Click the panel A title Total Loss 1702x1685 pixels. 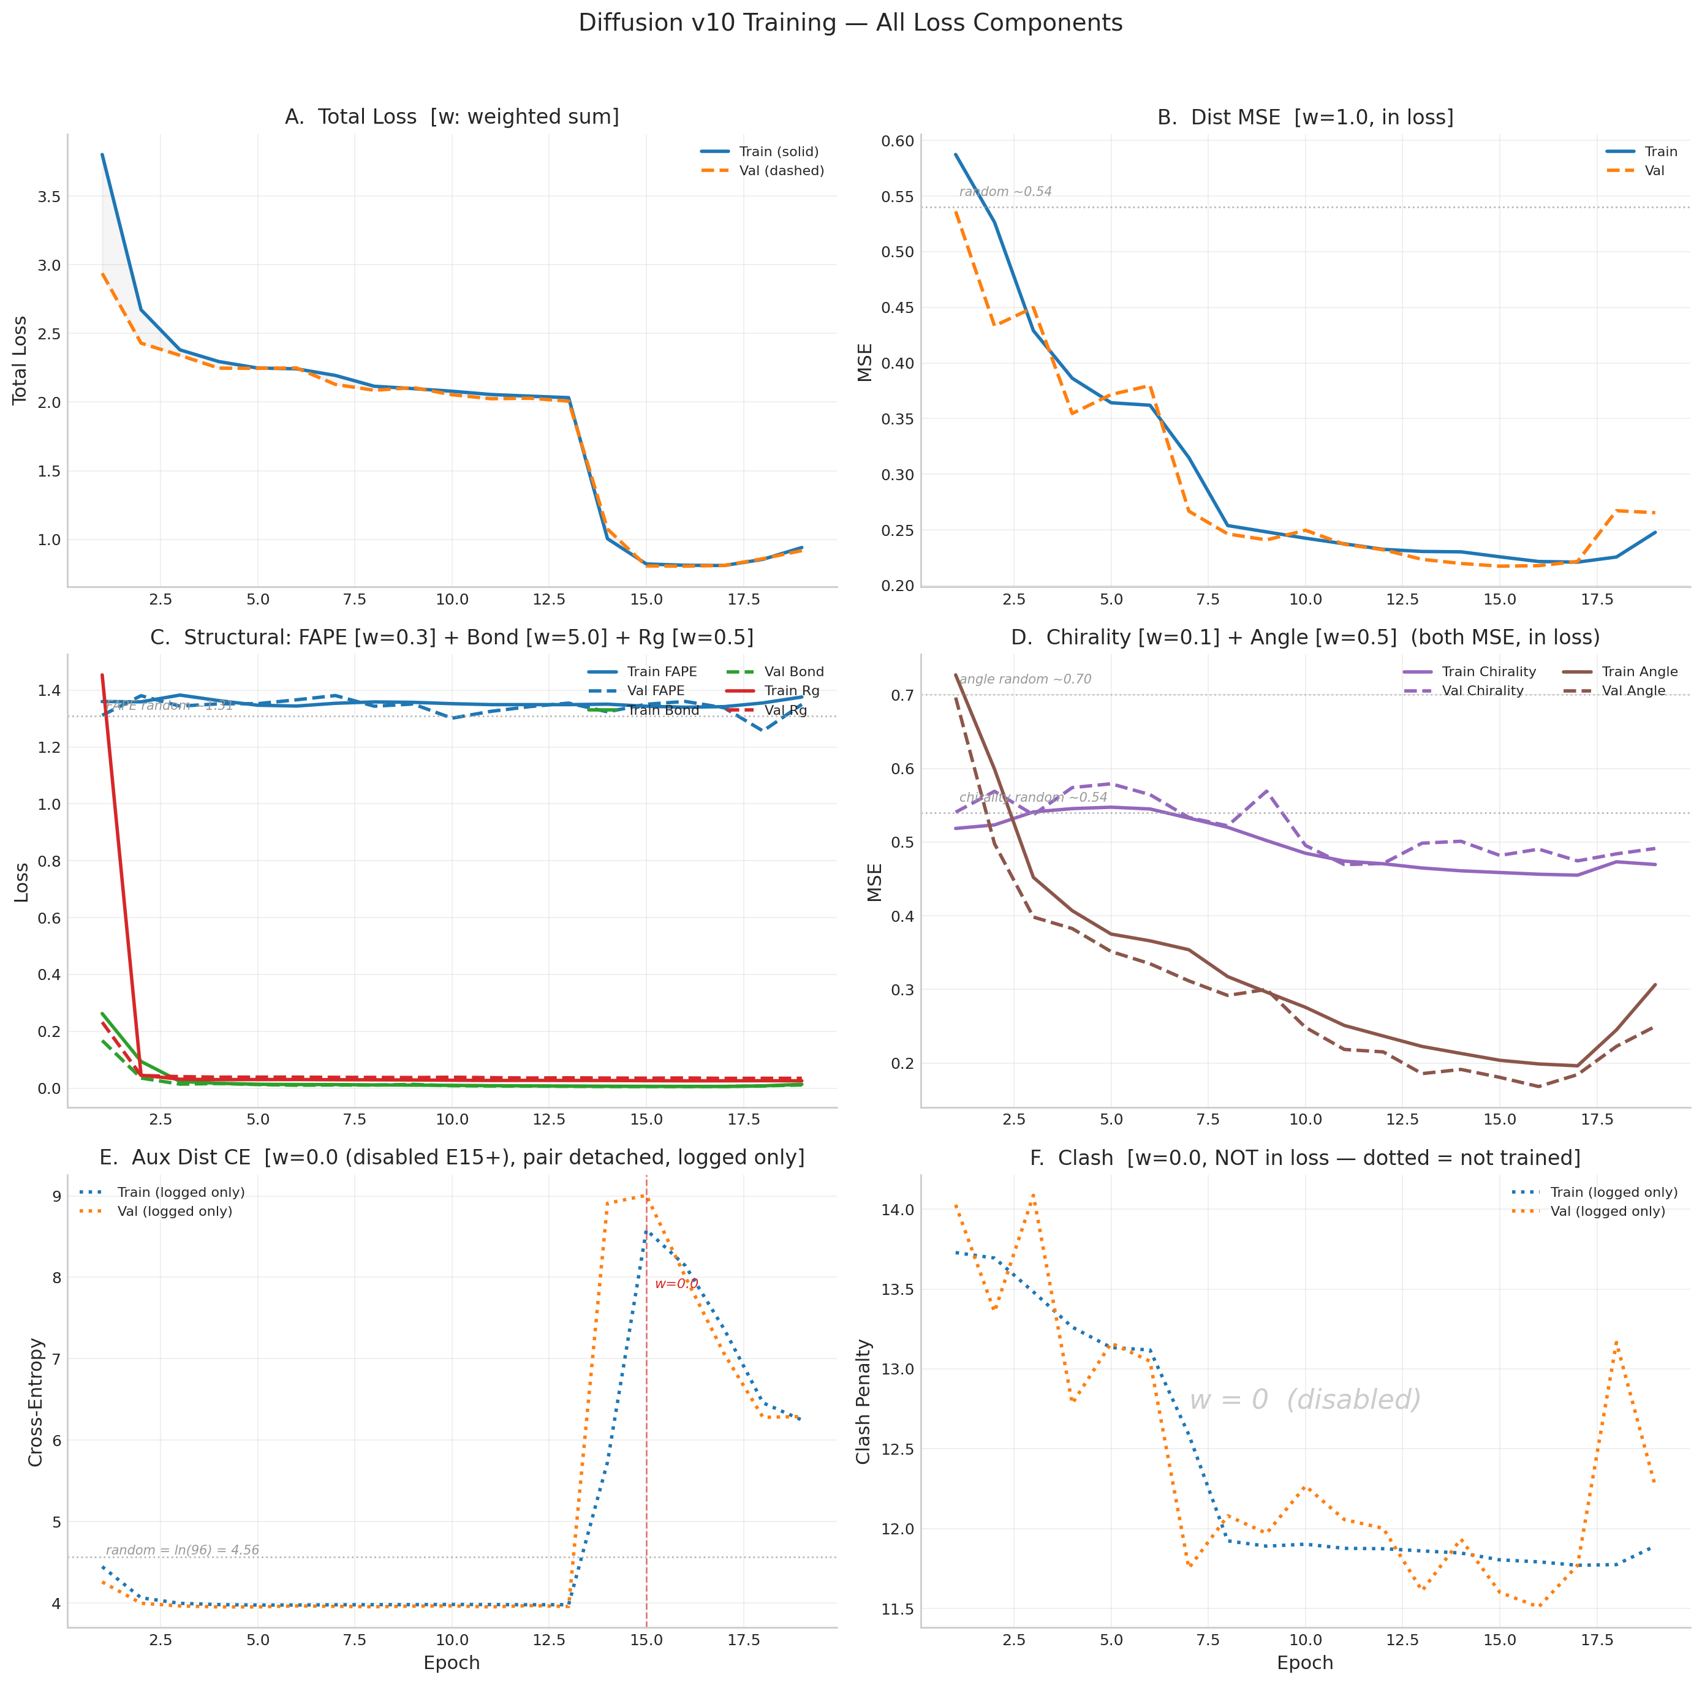coord(452,117)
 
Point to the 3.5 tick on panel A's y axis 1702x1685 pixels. coord(50,197)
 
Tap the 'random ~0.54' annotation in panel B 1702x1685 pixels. coord(1005,192)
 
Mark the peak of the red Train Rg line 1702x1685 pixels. coord(102,676)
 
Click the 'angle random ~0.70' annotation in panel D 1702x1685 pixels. coord(1026,679)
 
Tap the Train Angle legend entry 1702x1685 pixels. coord(1640,672)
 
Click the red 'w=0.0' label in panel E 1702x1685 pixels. coord(676,1284)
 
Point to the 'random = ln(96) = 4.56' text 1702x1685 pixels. coord(183,1550)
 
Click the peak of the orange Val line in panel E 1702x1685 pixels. coord(646,1196)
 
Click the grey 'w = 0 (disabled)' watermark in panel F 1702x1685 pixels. coord(1305,1400)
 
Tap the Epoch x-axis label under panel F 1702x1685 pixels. coord(1305,1663)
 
